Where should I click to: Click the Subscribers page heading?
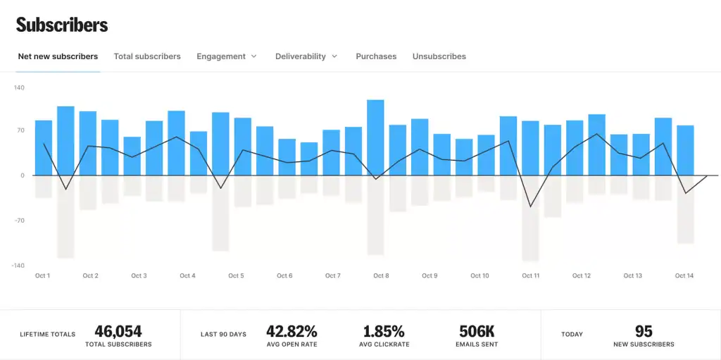click(62, 25)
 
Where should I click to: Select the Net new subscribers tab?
click(58, 56)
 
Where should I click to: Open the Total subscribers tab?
click(147, 56)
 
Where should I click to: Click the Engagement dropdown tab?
click(226, 56)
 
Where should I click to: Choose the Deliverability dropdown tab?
click(306, 56)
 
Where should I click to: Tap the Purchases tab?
click(376, 56)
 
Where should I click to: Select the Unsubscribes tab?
click(439, 56)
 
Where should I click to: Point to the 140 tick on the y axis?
click(19, 88)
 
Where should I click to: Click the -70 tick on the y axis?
click(19, 221)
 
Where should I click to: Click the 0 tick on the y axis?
click(22, 175)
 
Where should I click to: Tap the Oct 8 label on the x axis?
click(381, 276)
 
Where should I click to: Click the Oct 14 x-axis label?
click(684, 276)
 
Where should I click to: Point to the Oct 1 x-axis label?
click(42, 276)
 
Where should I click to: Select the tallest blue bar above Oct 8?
click(375, 137)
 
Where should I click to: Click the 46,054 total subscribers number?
click(118, 331)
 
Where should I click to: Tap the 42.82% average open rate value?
click(291, 331)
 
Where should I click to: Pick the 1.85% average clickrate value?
click(384, 331)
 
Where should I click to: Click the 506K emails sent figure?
click(477, 331)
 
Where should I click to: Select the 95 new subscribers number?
click(643, 331)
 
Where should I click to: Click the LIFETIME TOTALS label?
click(47, 335)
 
